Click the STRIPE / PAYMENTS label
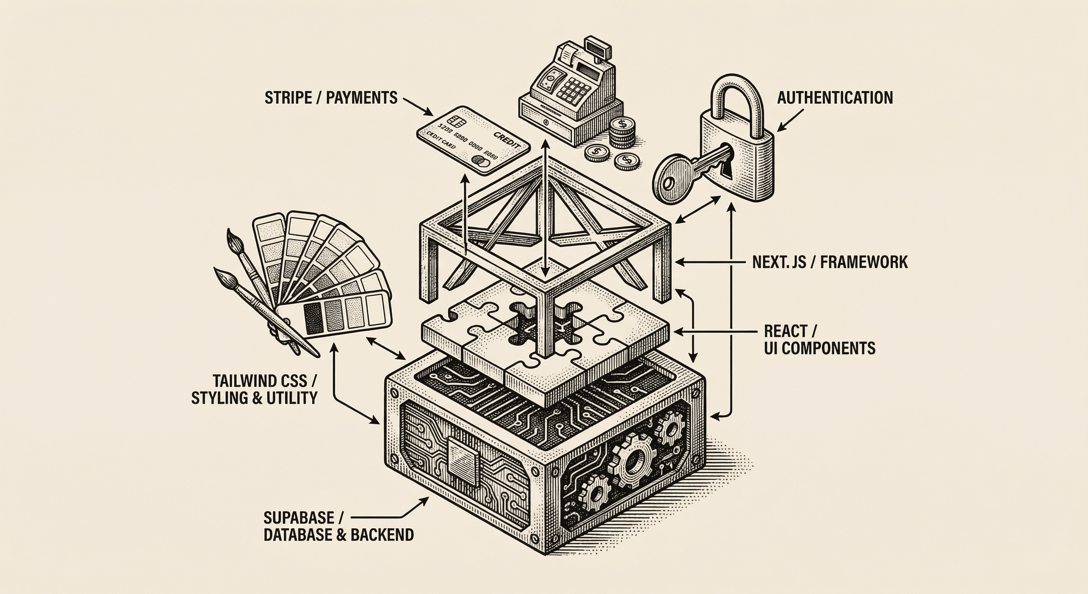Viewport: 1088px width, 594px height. [331, 98]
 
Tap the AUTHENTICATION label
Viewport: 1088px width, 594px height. [835, 98]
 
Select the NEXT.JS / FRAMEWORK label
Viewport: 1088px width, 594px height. [830, 262]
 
